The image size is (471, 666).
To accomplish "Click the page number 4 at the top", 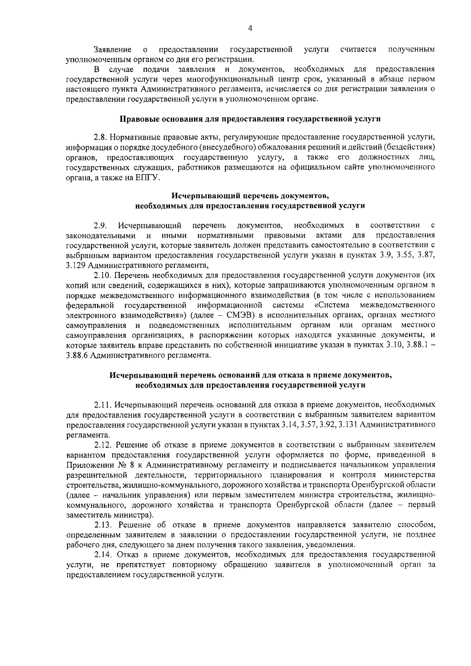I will (250, 28).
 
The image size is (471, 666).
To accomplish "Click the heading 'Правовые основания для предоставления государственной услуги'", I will (250, 118).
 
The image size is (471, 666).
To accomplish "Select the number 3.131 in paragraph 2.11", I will (348, 425).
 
